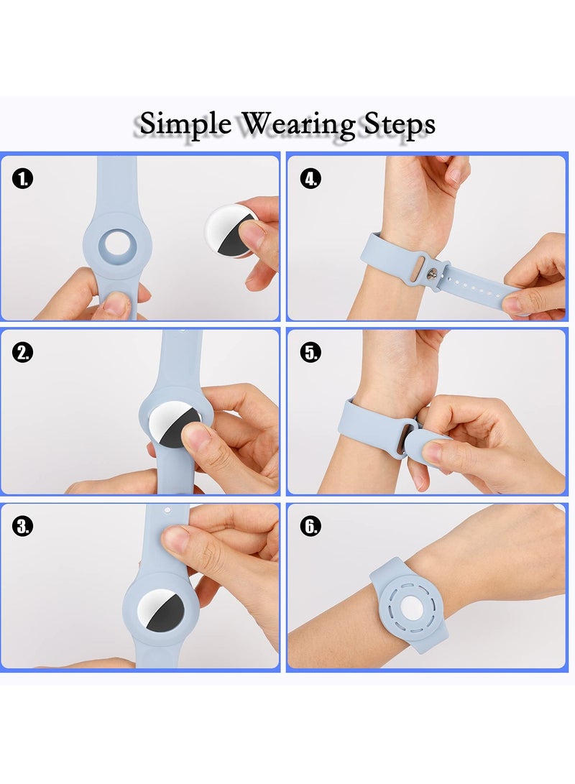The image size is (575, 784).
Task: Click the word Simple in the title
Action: (185, 124)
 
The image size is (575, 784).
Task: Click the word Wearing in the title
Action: (297, 125)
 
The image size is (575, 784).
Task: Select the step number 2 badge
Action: (22, 352)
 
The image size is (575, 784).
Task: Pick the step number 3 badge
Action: (22, 526)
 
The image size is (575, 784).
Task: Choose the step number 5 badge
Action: (310, 352)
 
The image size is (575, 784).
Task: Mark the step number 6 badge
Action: (310, 526)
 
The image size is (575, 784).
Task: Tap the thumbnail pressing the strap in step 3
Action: (177, 540)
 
